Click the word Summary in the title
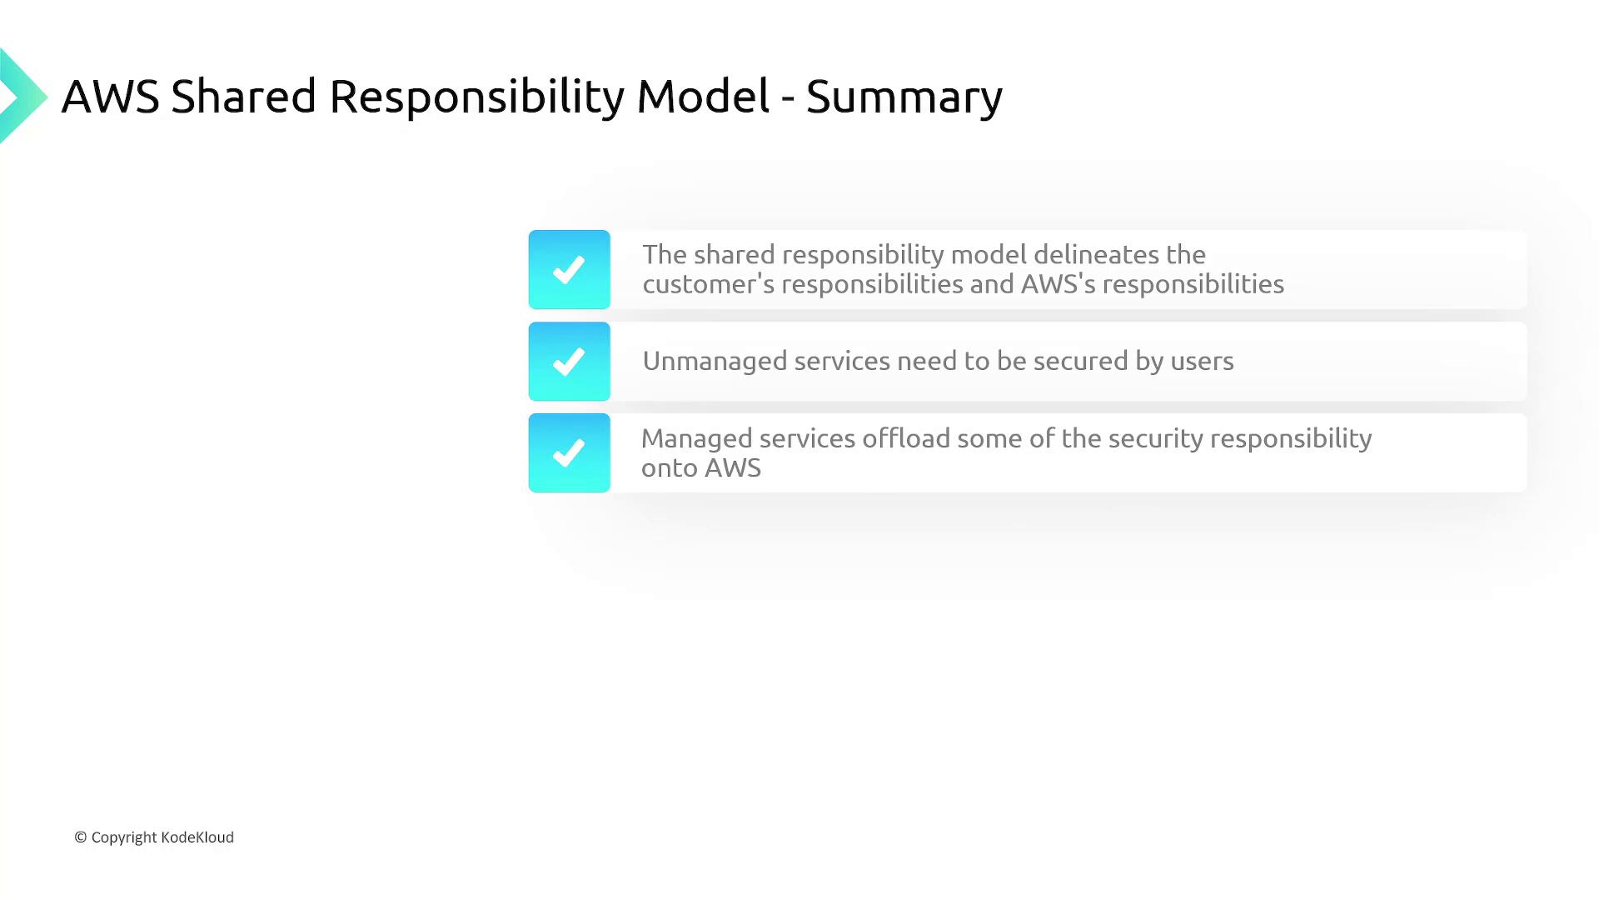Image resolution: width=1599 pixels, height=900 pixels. click(x=904, y=97)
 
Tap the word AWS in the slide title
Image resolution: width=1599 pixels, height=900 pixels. click(x=110, y=97)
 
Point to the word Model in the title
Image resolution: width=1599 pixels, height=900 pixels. click(x=703, y=97)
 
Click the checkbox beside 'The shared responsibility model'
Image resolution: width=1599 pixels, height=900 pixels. click(x=570, y=269)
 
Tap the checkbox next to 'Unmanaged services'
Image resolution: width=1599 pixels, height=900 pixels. click(x=570, y=361)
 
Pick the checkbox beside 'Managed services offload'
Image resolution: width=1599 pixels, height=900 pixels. click(x=570, y=452)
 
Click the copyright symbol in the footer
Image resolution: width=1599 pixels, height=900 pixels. click(x=81, y=837)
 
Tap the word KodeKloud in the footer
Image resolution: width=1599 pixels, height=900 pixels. click(x=197, y=837)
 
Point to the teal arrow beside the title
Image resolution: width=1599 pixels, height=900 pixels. click(x=23, y=97)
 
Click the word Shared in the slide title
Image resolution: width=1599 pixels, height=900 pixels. click(x=244, y=97)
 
